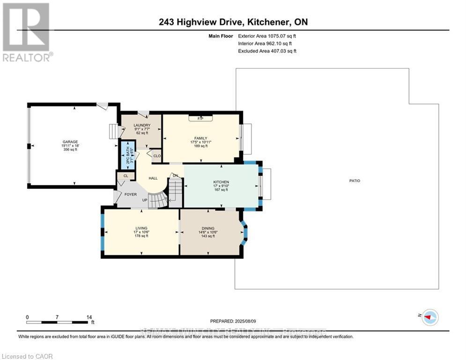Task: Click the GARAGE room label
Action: click(71, 142)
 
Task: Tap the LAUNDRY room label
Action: click(141, 125)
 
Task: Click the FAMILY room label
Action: click(201, 138)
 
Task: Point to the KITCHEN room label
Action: click(221, 182)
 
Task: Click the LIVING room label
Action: click(141, 228)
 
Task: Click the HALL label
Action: click(153, 178)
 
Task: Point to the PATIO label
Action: click(355, 180)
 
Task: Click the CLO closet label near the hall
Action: click(157, 156)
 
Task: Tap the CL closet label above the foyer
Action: click(125, 176)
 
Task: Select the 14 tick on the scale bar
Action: click(89, 317)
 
